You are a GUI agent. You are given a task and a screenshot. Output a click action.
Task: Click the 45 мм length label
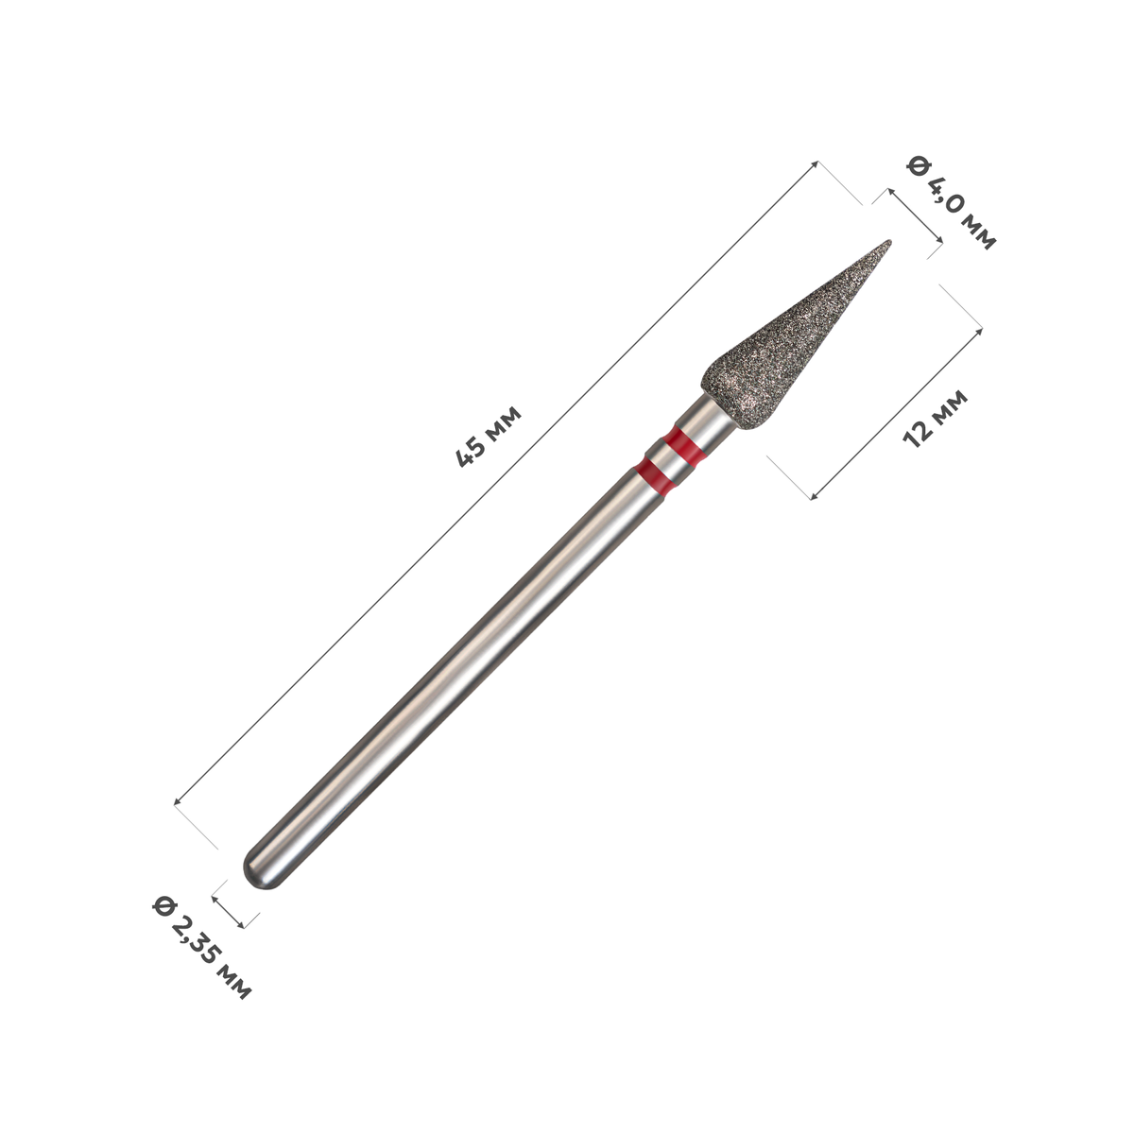pyautogui.click(x=489, y=436)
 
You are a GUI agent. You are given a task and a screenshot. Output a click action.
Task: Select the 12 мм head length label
pyautogui.click(x=936, y=419)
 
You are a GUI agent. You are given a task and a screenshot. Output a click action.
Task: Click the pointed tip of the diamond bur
pyautogui.click(x=889, y=241)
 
